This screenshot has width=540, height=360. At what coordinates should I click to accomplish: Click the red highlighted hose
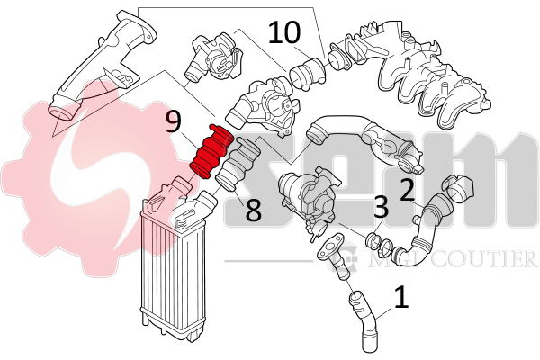tap(213, 152)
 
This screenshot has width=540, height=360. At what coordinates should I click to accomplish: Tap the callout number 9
tap(174, 122)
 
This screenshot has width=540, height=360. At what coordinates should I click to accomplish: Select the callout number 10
tap(284, 34)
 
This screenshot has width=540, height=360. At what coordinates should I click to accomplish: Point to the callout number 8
tap(253, 211)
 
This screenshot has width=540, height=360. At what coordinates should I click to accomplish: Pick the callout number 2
tap(408, 189)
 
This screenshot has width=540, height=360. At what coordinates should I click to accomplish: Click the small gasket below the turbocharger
tap(330, 241)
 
